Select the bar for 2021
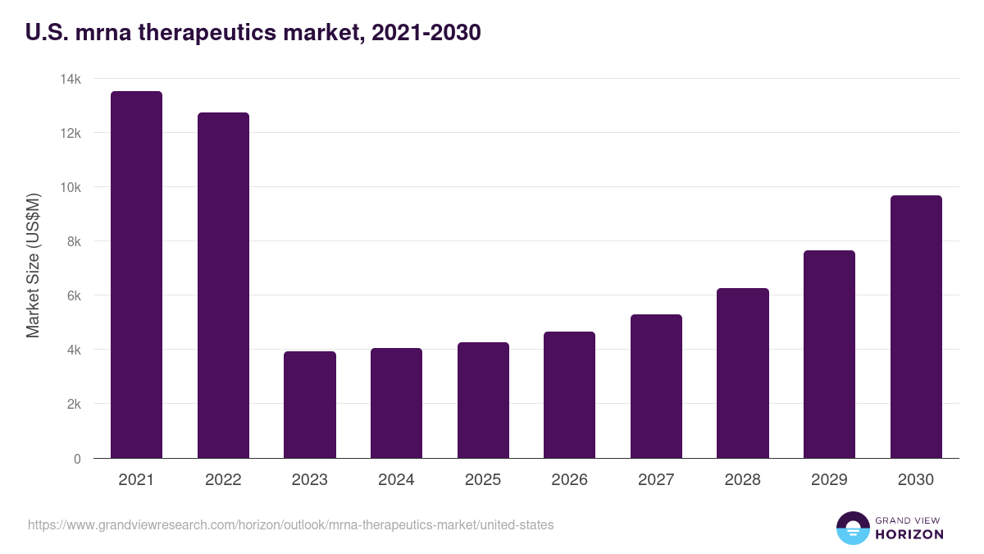[x=136, y=274]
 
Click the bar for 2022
[x=223, y=285]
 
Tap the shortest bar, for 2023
[x=310, y=405]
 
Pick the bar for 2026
[x=569, y=395]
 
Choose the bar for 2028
[x=742, y=373]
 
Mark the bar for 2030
[x=916, y=327]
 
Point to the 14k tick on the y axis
[x=71, y=79]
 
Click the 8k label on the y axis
[x=74, y=241]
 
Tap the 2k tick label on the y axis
[x=74, y=404]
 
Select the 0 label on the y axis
[x=77, y=459]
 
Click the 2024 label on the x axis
[x=396, y=480]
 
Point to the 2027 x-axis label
[x=656, y=480]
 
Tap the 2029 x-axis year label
[x=829, y=480]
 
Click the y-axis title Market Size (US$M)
[x=33, y=266]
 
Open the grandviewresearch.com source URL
[x=290, y=524]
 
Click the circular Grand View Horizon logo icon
[x=852, y=528]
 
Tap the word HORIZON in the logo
[x=909, y=534]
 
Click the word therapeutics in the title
[x=202, y=33]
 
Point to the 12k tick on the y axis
[x=71, y=133]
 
